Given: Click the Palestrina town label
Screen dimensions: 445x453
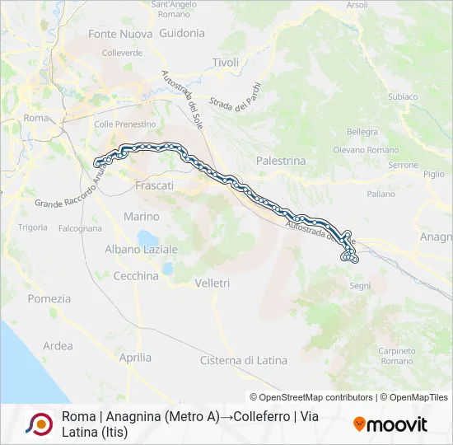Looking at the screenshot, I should coord(281,161).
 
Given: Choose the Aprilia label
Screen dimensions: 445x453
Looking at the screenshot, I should coord(135,358).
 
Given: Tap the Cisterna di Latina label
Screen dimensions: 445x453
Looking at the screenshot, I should coord(244,360).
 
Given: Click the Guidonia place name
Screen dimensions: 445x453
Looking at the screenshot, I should coord(182,34).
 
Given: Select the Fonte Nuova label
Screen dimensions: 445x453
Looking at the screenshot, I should coord(120,34).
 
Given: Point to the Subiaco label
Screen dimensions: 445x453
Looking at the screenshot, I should coord(404,96).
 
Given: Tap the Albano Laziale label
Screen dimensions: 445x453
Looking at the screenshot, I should coord(141,249).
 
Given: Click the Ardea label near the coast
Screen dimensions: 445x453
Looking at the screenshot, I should coord(58,346).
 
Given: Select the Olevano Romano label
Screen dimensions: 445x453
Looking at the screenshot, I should coord(366,150).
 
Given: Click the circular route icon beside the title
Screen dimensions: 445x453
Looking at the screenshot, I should coord(40,424).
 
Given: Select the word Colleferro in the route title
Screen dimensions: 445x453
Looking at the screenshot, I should coord(251,417).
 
